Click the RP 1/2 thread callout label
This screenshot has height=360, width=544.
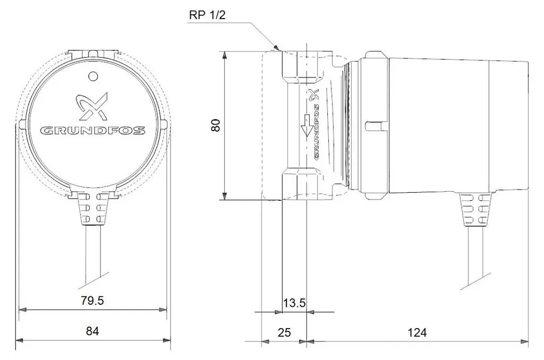pyautogui.click(x=207, y=15)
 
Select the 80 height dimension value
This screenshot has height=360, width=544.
pyautogui.click(x=216, y=125)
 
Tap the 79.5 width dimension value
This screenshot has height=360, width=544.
pyautogui.click(x=92, y=301)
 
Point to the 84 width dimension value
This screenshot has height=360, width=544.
pyautogui.click(x=92, y=331)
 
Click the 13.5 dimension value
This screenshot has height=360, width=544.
pyautogui.click(x=294, y=303)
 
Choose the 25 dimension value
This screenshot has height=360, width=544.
pyautogui.click(x=284, y=332)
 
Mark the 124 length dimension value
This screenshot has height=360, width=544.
pyautogui.click(x=416, y=332)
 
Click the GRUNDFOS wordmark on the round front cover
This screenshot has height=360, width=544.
pyautogui.click(x=92, y=131)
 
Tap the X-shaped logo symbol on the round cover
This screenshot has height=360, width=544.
pyautogui.click(x=92, y=106)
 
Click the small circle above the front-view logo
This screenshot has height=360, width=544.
pyautogui.click(x=93, y=76)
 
